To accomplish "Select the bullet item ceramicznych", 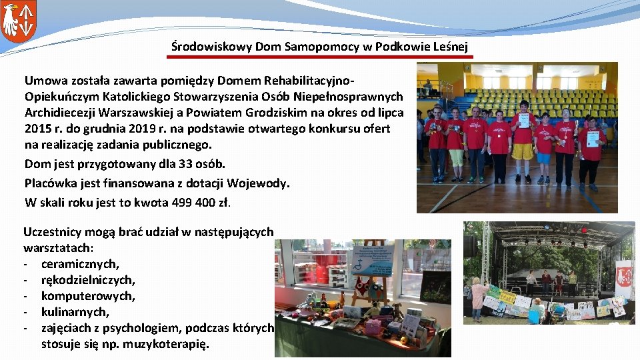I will click(80, 264).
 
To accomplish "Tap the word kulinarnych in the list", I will click(75, 312).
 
